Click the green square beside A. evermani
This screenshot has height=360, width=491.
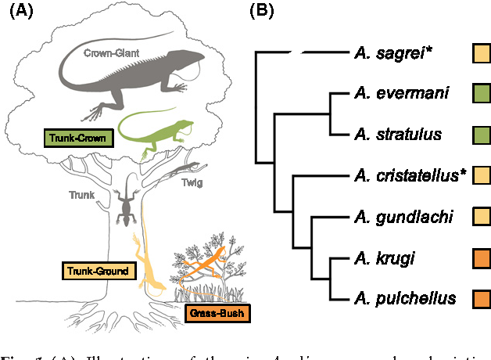tap(482, 94)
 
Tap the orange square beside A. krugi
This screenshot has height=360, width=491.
tap(482, 257)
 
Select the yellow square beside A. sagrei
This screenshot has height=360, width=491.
tap(482, 53)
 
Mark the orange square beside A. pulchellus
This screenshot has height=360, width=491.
tap(482, 298)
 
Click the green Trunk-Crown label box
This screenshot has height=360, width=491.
tap(77, 139)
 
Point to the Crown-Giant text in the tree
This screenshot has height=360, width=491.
tap(113, 53)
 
